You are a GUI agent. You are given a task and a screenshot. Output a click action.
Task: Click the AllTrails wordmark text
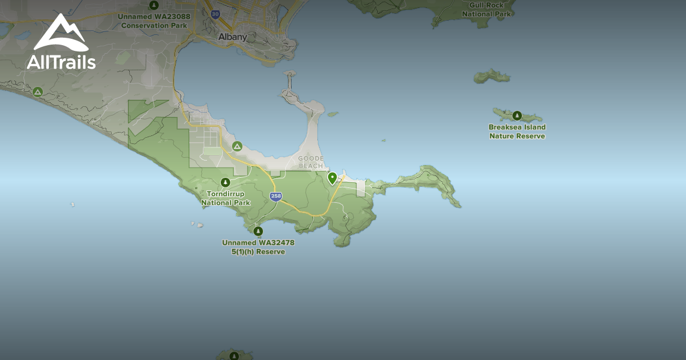point(61,62)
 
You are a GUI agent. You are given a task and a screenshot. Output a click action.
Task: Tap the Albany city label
point(233,37)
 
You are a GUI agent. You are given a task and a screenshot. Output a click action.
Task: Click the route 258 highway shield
point(276,197)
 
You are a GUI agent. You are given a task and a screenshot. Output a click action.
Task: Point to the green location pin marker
point(332,178)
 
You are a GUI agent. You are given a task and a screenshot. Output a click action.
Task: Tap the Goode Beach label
point(310,162)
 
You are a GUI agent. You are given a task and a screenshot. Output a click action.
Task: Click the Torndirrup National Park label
point(226,198)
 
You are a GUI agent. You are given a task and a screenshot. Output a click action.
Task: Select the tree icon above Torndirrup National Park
point(226,182)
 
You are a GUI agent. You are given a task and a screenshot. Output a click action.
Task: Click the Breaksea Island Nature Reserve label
point(517,131)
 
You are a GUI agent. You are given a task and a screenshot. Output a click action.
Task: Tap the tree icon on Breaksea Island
point(517,115)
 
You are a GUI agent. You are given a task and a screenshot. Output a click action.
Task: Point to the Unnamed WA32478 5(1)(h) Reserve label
point(258,247)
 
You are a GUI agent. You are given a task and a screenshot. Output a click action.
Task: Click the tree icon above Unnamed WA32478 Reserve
point(258,231)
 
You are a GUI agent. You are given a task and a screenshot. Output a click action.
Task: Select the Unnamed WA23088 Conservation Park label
point(154,21)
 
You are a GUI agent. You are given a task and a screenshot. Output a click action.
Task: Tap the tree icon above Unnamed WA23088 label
point(154,6)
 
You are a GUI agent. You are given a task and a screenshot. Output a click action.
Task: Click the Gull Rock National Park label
point(486,9)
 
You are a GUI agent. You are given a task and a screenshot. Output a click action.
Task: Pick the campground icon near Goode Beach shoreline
point(237,146)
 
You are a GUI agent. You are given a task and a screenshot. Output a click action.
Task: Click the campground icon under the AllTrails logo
point(38,91)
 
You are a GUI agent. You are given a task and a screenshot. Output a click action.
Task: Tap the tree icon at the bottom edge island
point(234,355)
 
